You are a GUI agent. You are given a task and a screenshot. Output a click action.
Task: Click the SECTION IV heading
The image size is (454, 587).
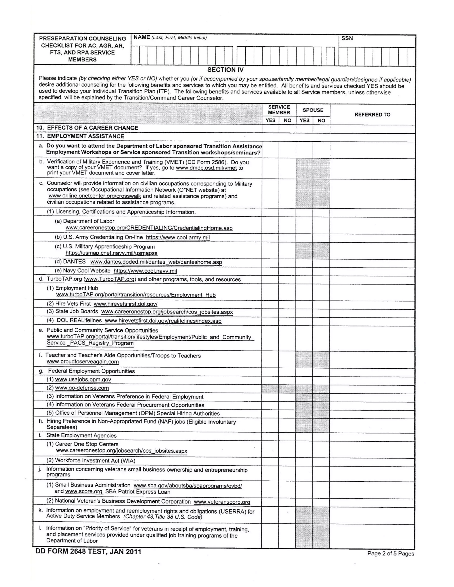pos(225,70)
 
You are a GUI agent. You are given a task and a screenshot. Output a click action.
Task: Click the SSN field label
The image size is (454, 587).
pos(347,38)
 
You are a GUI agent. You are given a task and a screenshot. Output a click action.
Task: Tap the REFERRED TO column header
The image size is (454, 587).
pos(372,115)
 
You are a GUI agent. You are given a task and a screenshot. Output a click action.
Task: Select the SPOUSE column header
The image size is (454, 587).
pos(313,110)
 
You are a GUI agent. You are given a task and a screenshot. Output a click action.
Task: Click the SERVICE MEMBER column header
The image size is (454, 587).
pos(279,110)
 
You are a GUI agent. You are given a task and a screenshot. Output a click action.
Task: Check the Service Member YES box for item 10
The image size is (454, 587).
pos(270,129)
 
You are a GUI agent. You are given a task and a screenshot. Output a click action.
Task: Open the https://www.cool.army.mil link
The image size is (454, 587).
pos(178,238)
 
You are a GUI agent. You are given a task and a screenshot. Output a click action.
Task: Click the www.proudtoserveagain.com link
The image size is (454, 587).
pos(82,362)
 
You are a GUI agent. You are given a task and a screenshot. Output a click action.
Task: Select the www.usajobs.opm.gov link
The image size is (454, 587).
pos(83,379)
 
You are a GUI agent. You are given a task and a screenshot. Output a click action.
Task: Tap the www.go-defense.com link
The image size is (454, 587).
pos(82,388)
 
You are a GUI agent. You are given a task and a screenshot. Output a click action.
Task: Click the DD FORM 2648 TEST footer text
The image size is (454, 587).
pos(88,552)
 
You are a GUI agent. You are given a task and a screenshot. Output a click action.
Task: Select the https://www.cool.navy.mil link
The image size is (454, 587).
pos(145,271)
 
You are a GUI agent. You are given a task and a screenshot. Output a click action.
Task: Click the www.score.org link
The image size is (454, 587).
pos(84,492)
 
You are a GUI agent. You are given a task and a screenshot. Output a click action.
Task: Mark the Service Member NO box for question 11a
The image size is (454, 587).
pos(287,150)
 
